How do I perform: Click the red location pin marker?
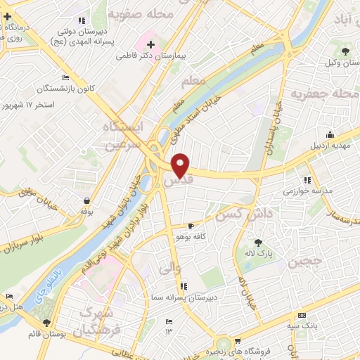point(181,165)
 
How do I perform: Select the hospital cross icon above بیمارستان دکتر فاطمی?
point(150,44)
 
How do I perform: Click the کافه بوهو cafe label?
point(192,237)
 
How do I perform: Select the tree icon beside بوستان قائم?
point(47,322)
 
